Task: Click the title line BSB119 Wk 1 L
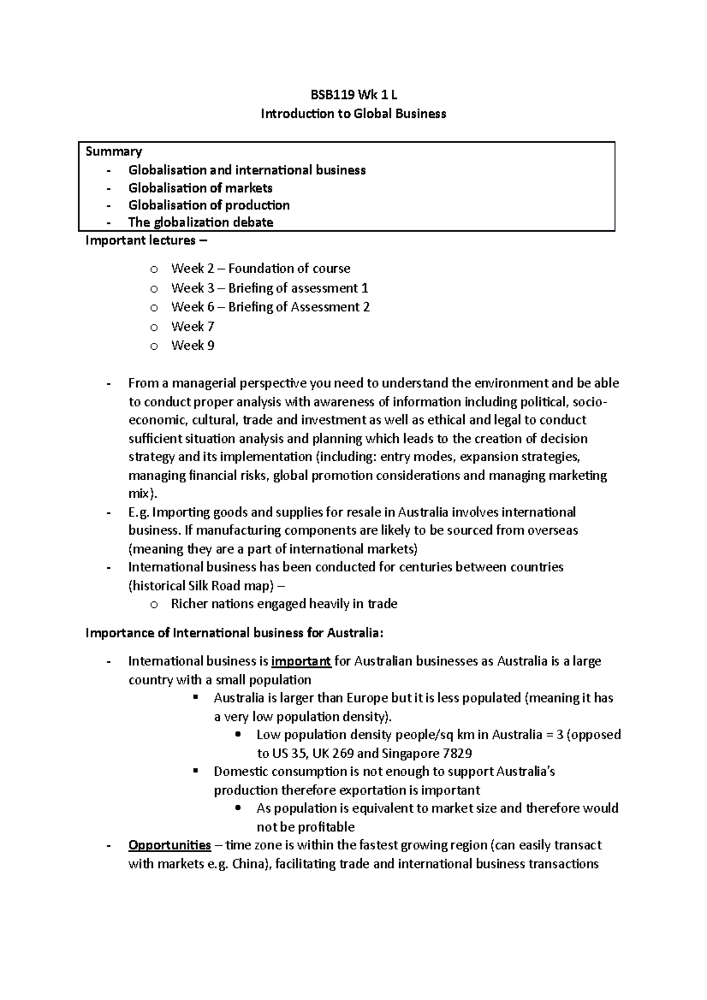[x=353, y=95]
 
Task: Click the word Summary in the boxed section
[x=114, y=151]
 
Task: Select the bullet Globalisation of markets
[x=200, y=188]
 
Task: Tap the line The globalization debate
[x=200, y=222]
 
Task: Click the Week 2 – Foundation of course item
[x=260, y=269]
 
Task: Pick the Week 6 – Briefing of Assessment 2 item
[x=270, y=307]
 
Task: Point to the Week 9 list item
[x=193, y=346]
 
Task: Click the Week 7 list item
[x=193, y=326]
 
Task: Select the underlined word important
[x=301, y=661]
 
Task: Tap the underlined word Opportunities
[x=170, y=845]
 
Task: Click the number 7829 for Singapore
[x=456, y=753]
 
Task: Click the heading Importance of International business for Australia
[x=234, y=633]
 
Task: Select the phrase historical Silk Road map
[x=202, y=586]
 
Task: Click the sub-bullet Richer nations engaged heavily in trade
[x=284, y=604]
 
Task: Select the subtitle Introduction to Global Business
[x=353, y=114]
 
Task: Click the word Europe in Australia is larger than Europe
[x=367, y=698]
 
